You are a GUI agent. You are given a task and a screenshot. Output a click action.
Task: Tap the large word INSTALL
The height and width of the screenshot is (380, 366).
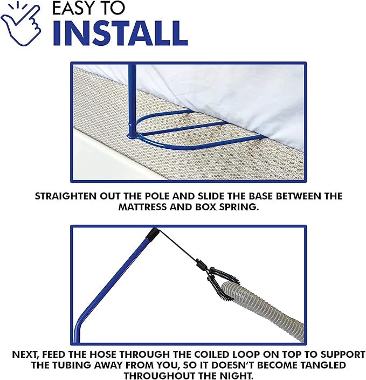pos(120,33)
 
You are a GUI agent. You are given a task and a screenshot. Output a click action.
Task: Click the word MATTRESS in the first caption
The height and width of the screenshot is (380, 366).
pos(143,208)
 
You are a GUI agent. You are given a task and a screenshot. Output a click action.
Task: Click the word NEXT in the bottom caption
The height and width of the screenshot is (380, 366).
pos(26,355)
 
